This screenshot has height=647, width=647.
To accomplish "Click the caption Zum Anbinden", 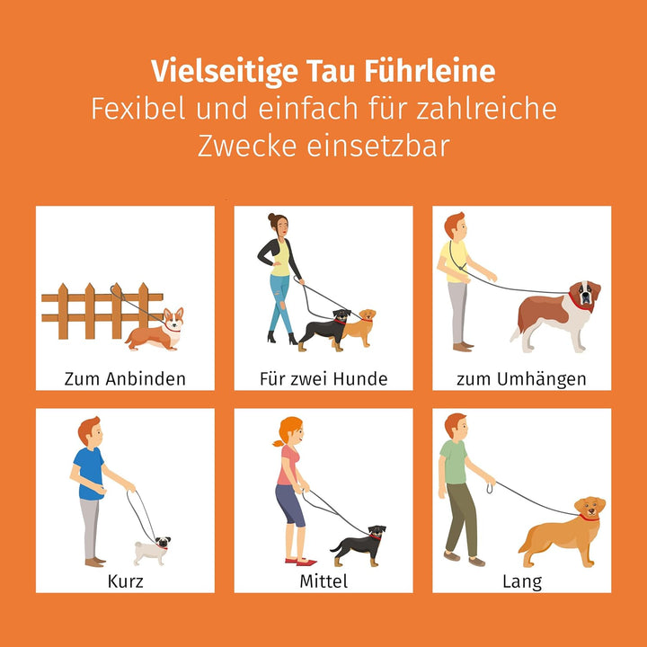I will (x=125, y=378).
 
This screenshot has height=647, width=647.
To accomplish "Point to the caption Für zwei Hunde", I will (x=323, y=378).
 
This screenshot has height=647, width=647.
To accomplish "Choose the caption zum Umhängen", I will (x=521, y=378).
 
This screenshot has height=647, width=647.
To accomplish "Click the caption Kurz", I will (x=125, y=581).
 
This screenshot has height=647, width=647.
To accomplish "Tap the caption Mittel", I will (x=323, y=581).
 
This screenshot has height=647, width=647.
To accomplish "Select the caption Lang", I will (x=521, y=581).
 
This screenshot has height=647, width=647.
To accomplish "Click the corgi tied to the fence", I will (x=155, y=332).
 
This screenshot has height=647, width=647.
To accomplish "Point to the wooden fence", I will (x=90, y=311).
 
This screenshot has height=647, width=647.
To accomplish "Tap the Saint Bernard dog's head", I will (x=584, y=296).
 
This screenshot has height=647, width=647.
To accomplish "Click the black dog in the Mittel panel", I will (x=359, y=545).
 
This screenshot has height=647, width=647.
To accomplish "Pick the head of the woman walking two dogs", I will (x=276, y=226).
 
